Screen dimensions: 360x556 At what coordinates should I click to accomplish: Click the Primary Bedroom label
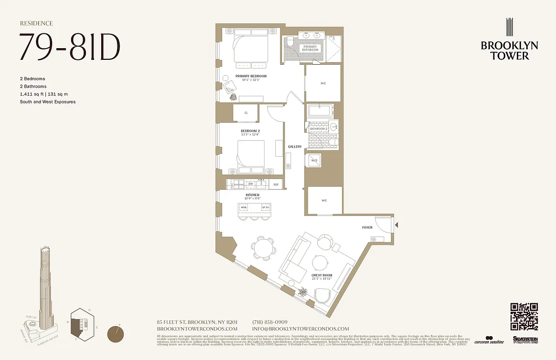(x=251, y=76)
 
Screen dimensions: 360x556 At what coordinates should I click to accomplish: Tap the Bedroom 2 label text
(x=250, y=131)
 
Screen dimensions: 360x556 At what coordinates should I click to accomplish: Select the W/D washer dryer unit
(x=314, y=161)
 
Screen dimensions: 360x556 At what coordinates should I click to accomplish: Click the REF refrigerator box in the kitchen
(x=276, y=184)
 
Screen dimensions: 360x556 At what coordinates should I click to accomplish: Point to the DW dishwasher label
(x=251, y=184)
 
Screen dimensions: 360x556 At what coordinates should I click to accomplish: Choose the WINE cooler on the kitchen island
(x=244, y=207)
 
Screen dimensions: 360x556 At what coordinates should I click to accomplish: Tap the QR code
(x=524, y=317)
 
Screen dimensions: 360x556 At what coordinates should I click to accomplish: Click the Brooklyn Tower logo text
(x=509, y=50)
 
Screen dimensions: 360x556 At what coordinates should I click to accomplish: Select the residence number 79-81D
(x=70, y=47)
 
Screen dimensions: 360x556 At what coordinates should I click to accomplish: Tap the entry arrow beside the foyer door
(x=396, y=225)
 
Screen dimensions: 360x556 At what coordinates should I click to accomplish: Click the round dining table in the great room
(x=263, y=247)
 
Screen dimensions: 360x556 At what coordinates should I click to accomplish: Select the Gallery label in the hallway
(x=295, y=147)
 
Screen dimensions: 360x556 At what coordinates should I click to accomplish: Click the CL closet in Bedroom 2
(x=246, y=113)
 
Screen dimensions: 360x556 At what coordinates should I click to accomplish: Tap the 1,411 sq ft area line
(x=44, y=94)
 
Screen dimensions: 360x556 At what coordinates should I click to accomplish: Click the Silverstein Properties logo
(x=525, y=340)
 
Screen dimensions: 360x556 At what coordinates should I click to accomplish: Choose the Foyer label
(x=367, y=228)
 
